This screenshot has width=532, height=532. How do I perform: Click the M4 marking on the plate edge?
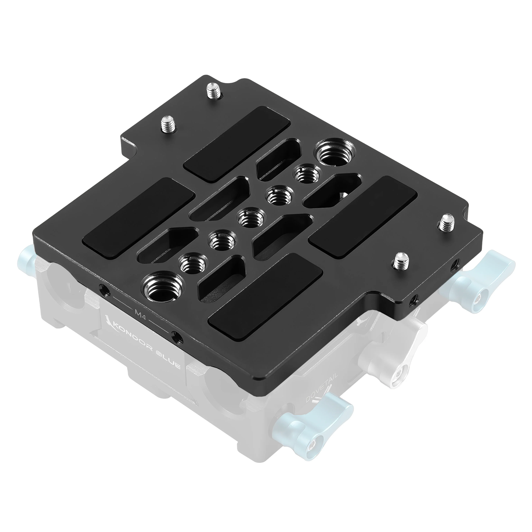[141, 313]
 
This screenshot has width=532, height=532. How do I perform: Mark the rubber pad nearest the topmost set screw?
[237, 143]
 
